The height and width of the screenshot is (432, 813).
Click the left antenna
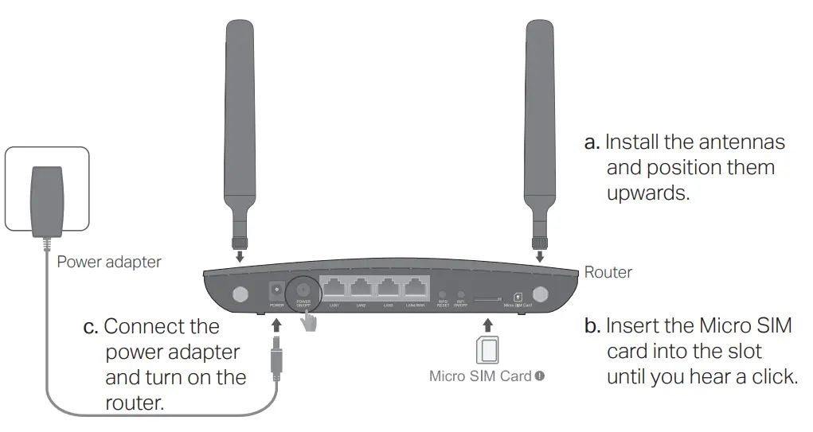pyautogui.click(x=240, y=119)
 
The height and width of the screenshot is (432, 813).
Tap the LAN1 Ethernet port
pyautogui.click(x=334, y=288)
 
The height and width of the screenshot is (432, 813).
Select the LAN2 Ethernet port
pyautogui.click(x=362, y=288)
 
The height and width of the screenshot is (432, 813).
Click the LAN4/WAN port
pyautogui.click(x=415, y=288)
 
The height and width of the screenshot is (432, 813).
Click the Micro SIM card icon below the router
pyautogui.click(x=487, y=351)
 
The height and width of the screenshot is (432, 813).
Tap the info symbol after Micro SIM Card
pyautogui.click(x=540, y=376)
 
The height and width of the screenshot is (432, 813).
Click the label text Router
pyautogui.click(x=608, y=272)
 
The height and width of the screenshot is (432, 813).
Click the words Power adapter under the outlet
pyautogui.click(x=108, y=261)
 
